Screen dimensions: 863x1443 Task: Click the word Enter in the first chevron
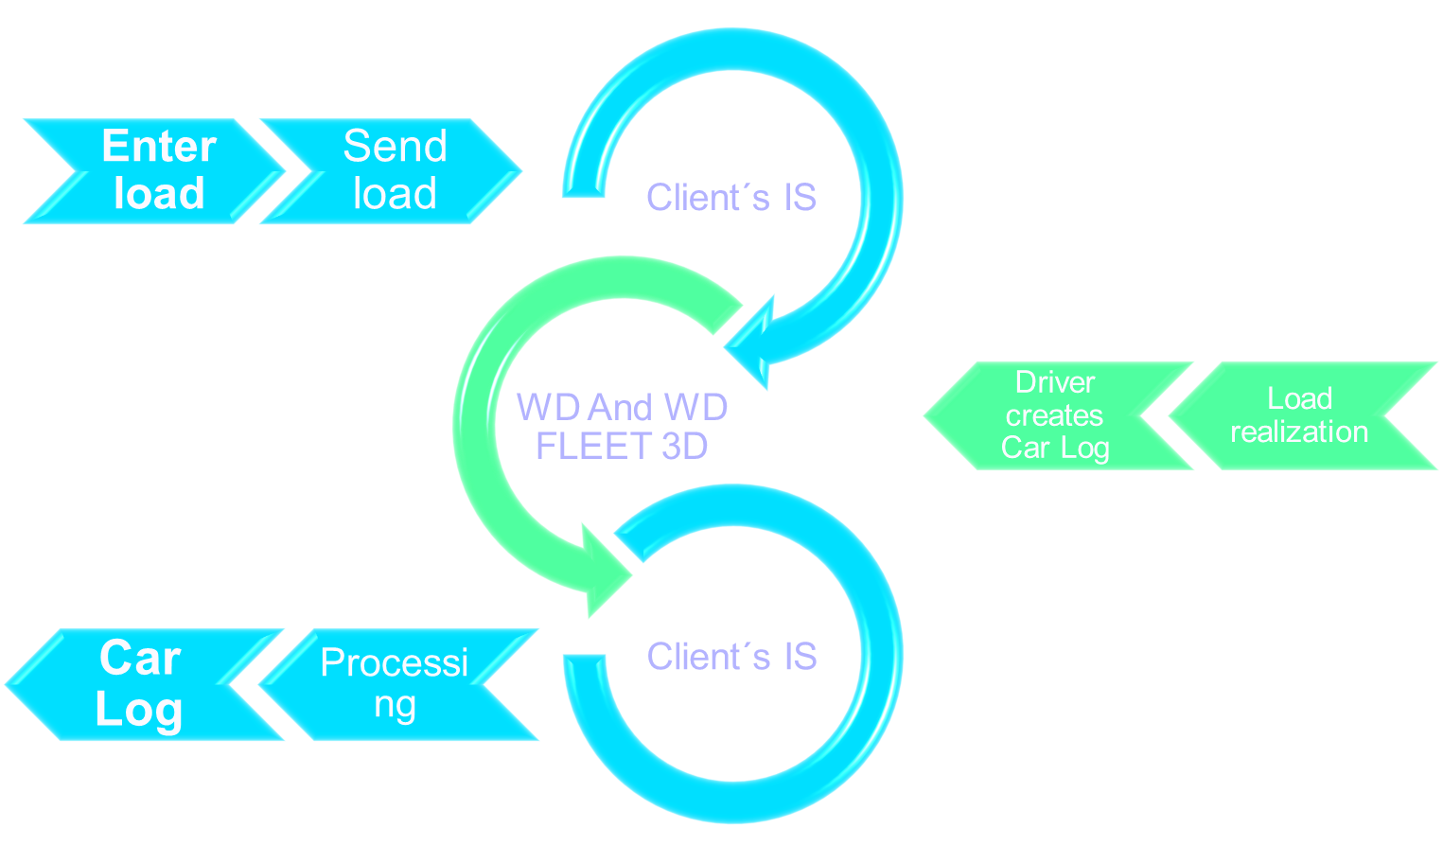tap(159, 147)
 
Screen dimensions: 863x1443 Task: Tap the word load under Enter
tap(159, 194)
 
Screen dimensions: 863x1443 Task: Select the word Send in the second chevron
tap(395, 147)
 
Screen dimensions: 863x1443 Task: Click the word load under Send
tap(395, 194)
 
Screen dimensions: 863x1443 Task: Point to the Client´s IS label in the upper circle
tap(730, 198)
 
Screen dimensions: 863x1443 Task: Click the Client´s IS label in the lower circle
tap(731, 657)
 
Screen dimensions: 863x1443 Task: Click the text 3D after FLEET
tap(684, 447)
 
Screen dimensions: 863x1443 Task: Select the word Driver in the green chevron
tap(1054, 382)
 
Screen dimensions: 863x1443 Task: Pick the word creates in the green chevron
tap(1054, 415)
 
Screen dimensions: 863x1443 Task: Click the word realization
tap(1299, 432)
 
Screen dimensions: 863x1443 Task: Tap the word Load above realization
tap(1299, 398)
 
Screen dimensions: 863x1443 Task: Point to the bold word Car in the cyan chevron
tap(140, 658)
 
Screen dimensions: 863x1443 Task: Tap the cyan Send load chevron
tap(390, 170)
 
